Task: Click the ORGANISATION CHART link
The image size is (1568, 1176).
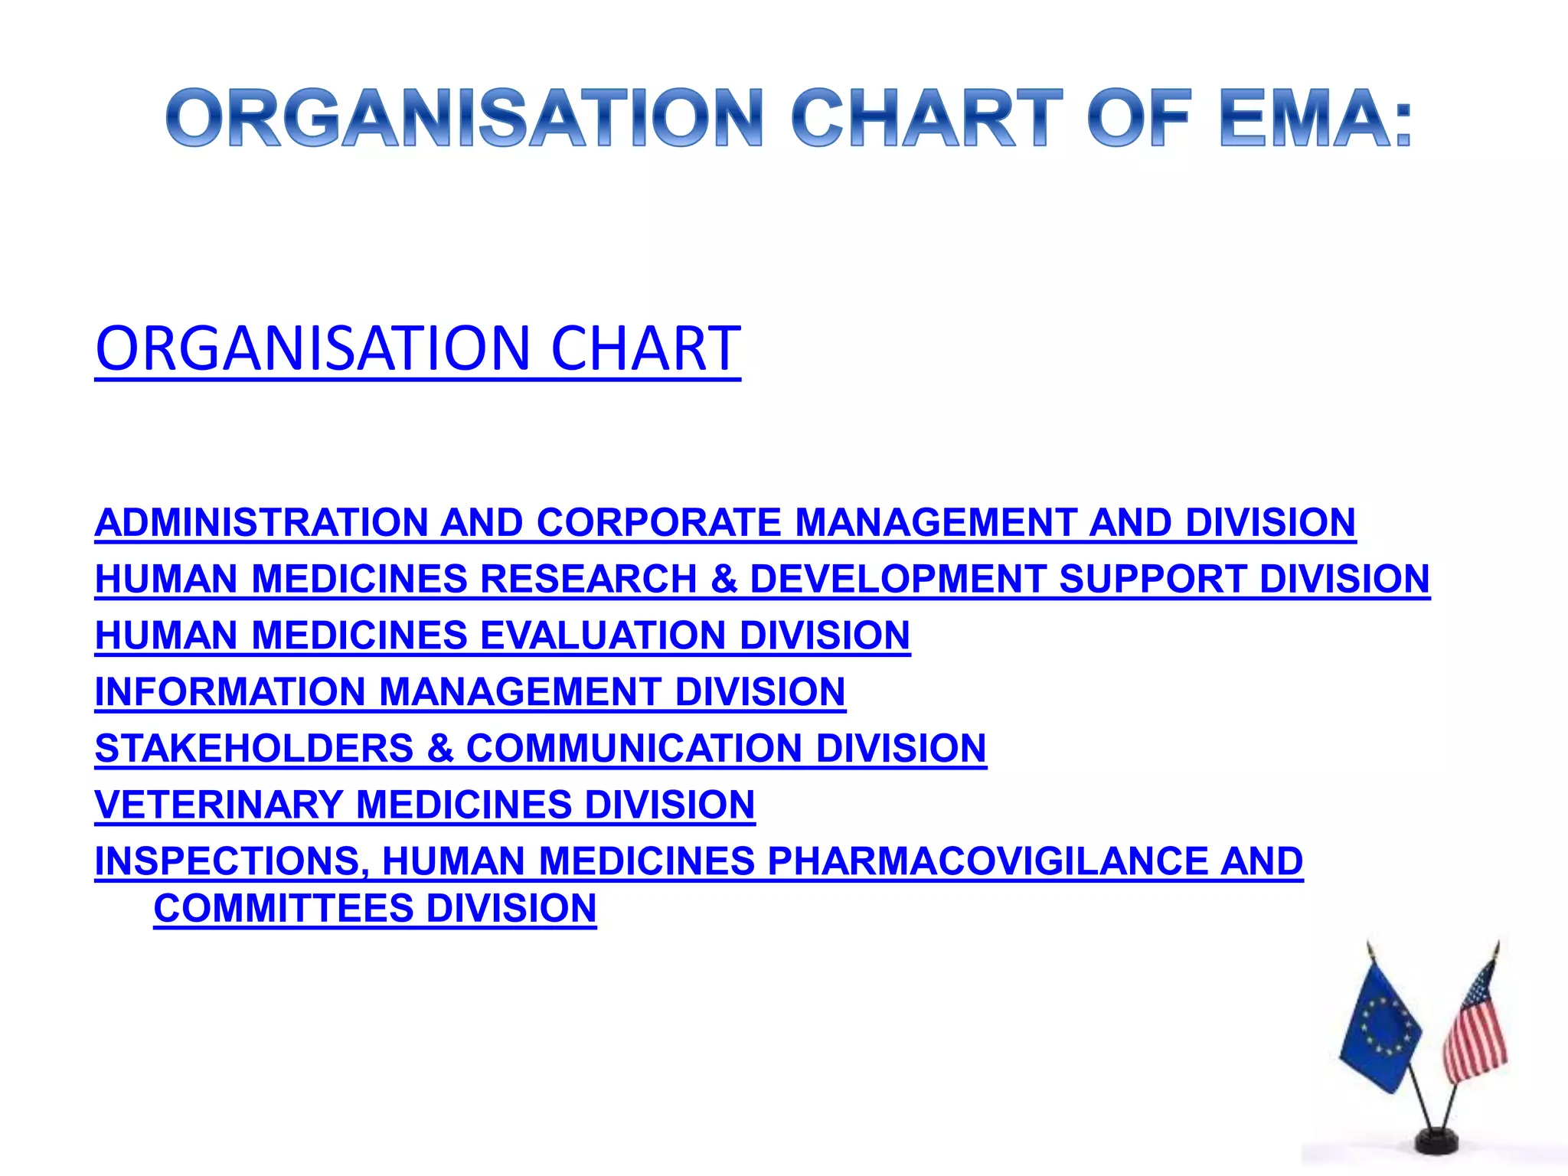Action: tap(418, 348)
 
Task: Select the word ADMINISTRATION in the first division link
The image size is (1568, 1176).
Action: tap(261, 523)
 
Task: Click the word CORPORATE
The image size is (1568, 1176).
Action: tap(658, 523)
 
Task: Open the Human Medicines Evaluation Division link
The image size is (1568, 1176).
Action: tap(502, 635)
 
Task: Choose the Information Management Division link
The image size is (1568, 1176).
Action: tap(470, 692)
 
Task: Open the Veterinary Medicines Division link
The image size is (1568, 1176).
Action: tap(425, 805)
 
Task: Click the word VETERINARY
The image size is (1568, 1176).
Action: tap(219, 805)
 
